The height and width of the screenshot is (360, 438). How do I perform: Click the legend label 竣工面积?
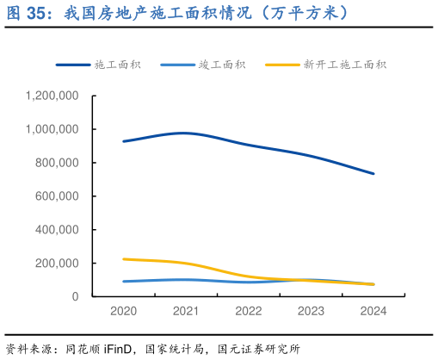click(222, 65)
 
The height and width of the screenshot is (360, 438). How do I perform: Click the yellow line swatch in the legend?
click(281, 65)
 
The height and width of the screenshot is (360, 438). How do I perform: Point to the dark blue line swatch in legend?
click(73, 65)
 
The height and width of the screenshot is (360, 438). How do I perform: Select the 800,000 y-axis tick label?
click(57, 163)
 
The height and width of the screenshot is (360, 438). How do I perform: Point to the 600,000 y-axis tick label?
click(57, 196)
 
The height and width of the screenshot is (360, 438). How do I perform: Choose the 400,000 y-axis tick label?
click(57, 230)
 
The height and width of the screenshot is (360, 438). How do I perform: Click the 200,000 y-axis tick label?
click(57, 263)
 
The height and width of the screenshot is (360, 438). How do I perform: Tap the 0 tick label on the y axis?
click(75, 296)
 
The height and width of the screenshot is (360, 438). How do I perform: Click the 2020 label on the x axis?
click(123, 311)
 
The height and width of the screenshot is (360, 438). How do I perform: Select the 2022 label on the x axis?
click(248, 311)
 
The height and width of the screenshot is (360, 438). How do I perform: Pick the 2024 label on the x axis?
click(373, 311)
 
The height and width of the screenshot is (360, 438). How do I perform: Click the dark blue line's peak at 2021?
click(185, 133)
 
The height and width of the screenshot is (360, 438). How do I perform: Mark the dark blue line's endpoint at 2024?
click(373, 173)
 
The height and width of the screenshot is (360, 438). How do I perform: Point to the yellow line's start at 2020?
click(123, 258)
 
